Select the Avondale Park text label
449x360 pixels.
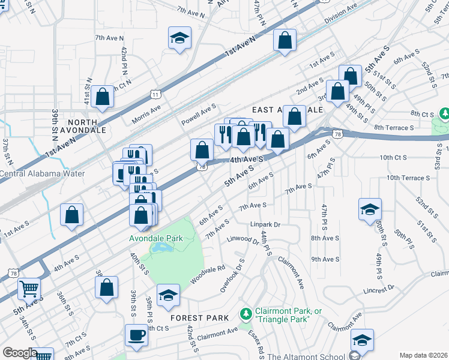156,238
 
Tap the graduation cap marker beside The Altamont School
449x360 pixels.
362,339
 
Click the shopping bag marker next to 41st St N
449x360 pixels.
103,97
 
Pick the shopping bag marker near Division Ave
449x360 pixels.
285,40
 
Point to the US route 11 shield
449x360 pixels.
156,94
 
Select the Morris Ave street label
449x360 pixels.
146,112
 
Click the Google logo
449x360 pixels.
20,353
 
